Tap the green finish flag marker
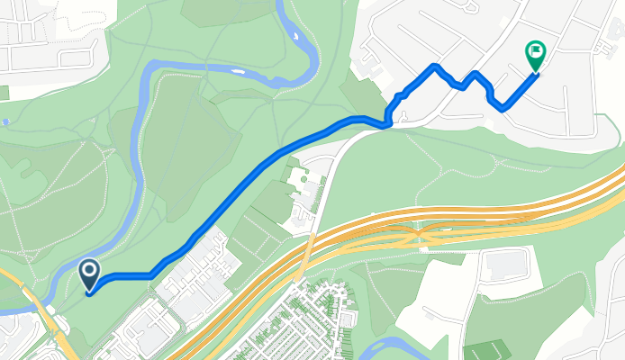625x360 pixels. coord(535,56)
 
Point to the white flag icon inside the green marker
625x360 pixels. coord(536,51)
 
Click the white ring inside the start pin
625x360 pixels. coord(89,269)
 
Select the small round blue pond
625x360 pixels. coord(5,121)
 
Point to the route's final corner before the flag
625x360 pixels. coord(503,106)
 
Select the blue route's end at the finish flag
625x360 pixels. coord(536,74)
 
